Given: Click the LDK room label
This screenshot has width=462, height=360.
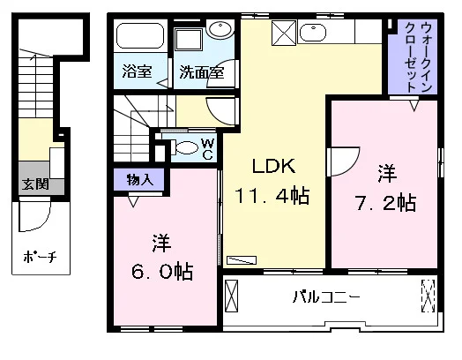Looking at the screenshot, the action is coord(273,166).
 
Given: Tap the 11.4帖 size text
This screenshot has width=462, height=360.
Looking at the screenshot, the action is coord(272,196).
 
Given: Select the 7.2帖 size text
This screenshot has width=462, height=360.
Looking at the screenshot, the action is coord(386,203).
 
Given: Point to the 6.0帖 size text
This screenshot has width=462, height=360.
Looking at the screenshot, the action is coord(162,271).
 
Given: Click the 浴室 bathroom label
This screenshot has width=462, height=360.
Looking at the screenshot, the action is coord(137,71).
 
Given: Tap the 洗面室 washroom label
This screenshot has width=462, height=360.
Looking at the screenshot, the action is coord(202,72).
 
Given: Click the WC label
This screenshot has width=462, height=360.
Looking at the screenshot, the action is coord(208,149).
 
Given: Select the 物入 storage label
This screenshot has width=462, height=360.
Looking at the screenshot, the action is coord(139,179).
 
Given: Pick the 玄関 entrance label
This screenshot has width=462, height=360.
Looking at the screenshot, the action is coord(35,184).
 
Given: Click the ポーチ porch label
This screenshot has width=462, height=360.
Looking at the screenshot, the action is coord(40,257).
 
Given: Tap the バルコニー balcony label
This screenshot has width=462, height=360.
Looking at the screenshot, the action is coord(326,296).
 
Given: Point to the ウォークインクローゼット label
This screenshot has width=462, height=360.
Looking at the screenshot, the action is coord(418,56).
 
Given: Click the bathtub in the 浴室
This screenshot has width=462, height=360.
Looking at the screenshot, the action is coord(140,36).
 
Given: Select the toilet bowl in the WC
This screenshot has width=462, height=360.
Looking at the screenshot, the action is coord(185,147).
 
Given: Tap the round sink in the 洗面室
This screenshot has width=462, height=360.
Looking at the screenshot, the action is coord(220,29).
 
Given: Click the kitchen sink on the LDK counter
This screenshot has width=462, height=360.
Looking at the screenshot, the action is coord(312,33).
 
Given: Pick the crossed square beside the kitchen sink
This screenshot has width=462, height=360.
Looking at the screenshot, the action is coord(284,33).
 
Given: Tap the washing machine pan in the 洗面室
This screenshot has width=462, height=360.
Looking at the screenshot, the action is coord(189,40).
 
